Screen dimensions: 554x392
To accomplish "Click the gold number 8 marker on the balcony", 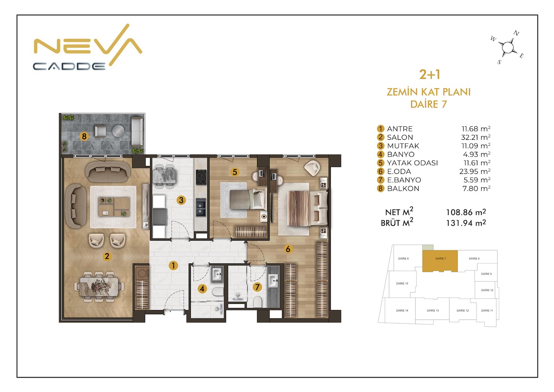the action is tap(84, 136).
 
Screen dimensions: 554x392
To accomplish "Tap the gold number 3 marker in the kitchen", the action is tap(181, 200).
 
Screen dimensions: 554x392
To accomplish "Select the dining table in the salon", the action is tap(99, 287).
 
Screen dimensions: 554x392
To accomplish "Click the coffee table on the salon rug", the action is tap(114, 207).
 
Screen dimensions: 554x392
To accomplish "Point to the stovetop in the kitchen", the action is tap(201, 177).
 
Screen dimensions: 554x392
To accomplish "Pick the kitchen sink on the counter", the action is tap(201, 207).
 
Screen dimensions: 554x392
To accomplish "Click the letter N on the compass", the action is tap(516, 33).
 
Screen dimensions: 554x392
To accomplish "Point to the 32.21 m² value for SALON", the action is tap(476, 137).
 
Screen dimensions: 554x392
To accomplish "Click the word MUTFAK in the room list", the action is tap(403, 146).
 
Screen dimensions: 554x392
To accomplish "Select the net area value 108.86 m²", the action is tap(466, 212).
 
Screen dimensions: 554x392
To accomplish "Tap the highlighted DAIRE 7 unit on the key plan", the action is tap(440, 261).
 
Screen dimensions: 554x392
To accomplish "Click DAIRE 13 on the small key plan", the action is tap(432, 310).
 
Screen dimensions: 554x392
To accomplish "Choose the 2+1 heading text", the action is tap(430, 74).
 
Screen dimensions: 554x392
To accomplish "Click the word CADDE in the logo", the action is tap(70, 66).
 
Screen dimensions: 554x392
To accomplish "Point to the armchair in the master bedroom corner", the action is tap(312, 168).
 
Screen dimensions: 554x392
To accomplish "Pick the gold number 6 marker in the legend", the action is tap(380, 171).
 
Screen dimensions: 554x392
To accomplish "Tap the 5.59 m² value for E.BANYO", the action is tap(477, 180).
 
